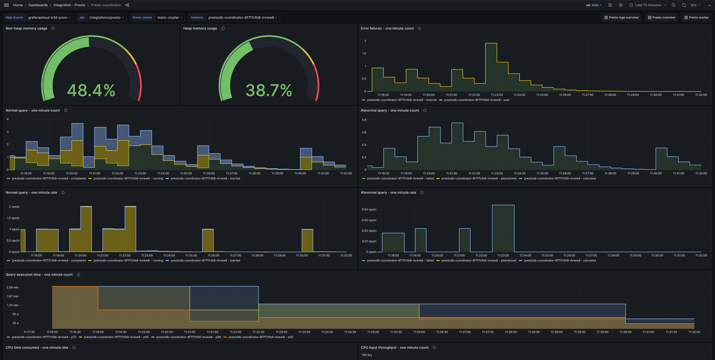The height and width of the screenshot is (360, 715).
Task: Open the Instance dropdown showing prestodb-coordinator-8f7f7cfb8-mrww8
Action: (x=242, y=18)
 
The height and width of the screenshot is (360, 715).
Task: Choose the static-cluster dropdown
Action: (x=170, y=18)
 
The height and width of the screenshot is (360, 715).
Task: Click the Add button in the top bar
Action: (x=594, y=5)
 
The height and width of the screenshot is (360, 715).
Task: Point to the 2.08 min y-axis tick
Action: (x=12, y=287)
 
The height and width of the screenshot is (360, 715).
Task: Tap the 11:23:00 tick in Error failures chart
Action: (x=497, y=95)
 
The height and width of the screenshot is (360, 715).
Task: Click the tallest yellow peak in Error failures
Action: (x=491, y=44)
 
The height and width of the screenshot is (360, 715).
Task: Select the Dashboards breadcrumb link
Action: (x=38, y=5)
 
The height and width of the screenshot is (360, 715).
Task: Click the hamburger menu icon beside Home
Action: (x=6, y=5)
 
